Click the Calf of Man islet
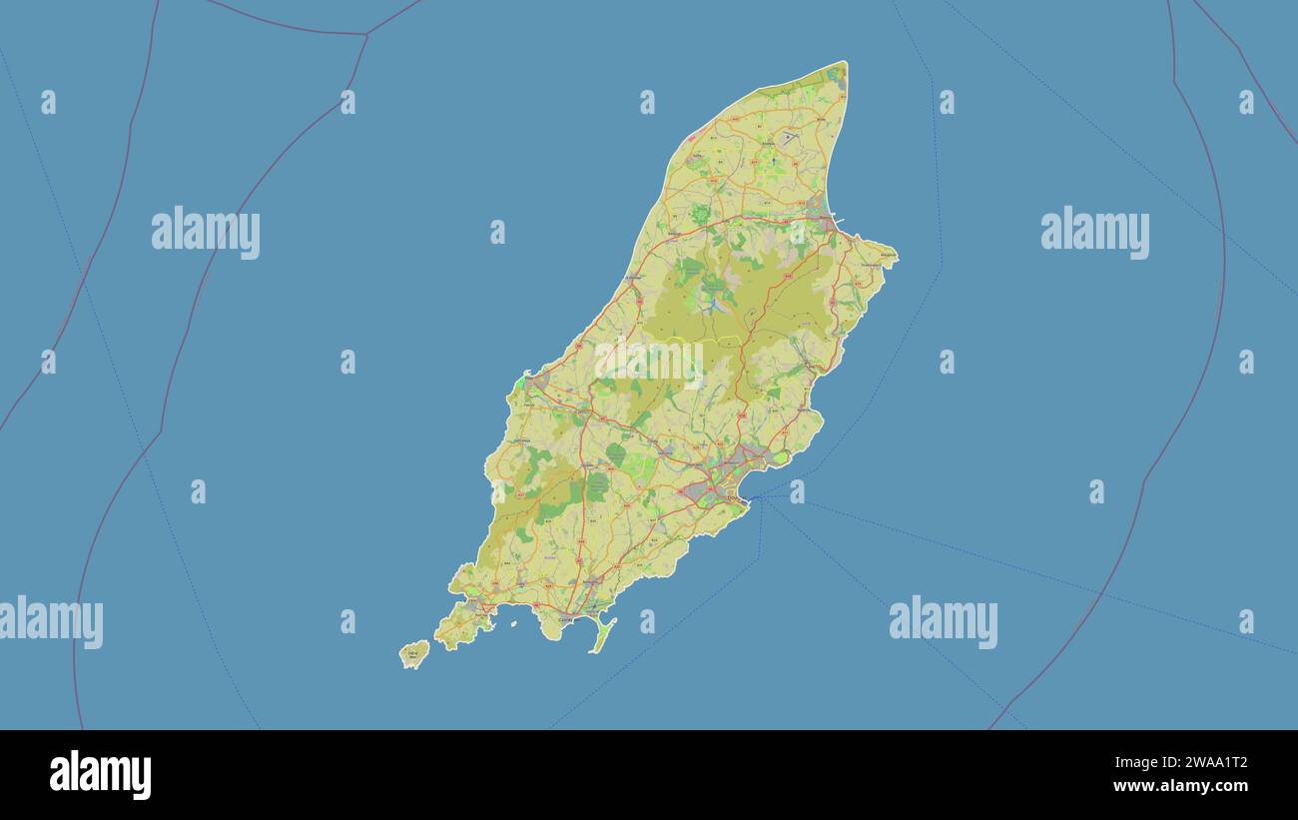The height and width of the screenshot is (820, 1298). click(413, 654)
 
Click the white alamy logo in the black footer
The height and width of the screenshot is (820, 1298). click(100, 775)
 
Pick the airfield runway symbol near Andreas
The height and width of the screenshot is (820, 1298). click(789, 137)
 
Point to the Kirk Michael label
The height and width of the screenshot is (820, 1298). click(633, 277)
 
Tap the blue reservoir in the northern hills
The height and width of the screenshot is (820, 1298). click(716, 306)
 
